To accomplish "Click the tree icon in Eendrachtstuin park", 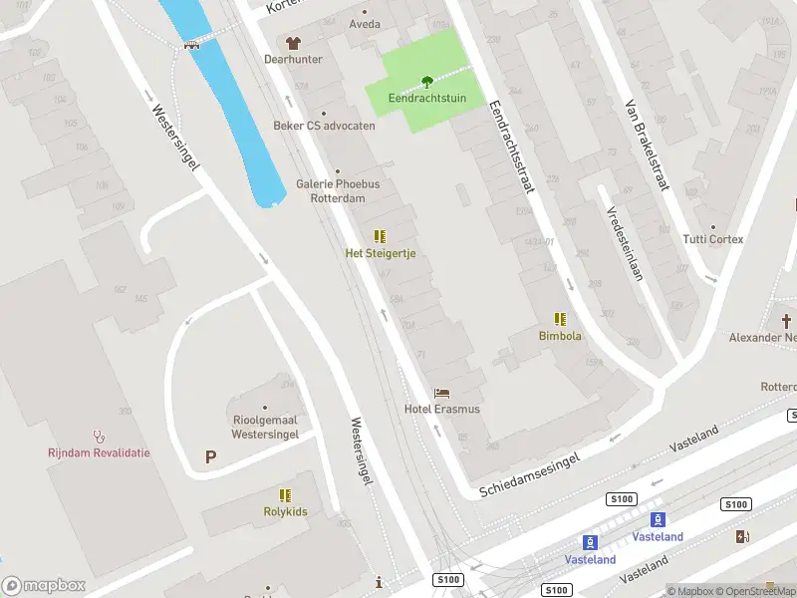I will pyautogui.click(x=426, y=82).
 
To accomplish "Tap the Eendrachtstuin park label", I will pyautogui.click(x=426, y=99).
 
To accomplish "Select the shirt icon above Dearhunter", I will pyautogui.click(x=292, y=43).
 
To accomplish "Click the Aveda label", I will pyautogui.click(x=365, y=24).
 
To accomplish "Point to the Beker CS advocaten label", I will pyautogui.click(x=325, y=126).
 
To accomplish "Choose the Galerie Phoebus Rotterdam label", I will pyautogui.click(x=338, y=190).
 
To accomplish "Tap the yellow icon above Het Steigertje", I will pyautogui.click(x=380, y=236).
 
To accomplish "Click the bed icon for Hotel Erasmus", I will pyautogui.click(x=441, y=393).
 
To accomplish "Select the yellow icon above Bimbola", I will pyautogui.click(x=560, y=319).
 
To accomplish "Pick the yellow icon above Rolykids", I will pyautogui.click(x=285, y=494).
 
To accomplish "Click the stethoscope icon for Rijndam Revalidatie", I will pyautogui.click(x=99, y=436).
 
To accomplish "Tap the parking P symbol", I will pyautogui.click(x=210, y=456).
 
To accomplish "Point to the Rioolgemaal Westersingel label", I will pyautogui.click(x=265, y=427).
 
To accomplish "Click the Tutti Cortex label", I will pyautogui.click(x=713, y=239).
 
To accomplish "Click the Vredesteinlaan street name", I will pyautogui.click(x=622, y=243).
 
